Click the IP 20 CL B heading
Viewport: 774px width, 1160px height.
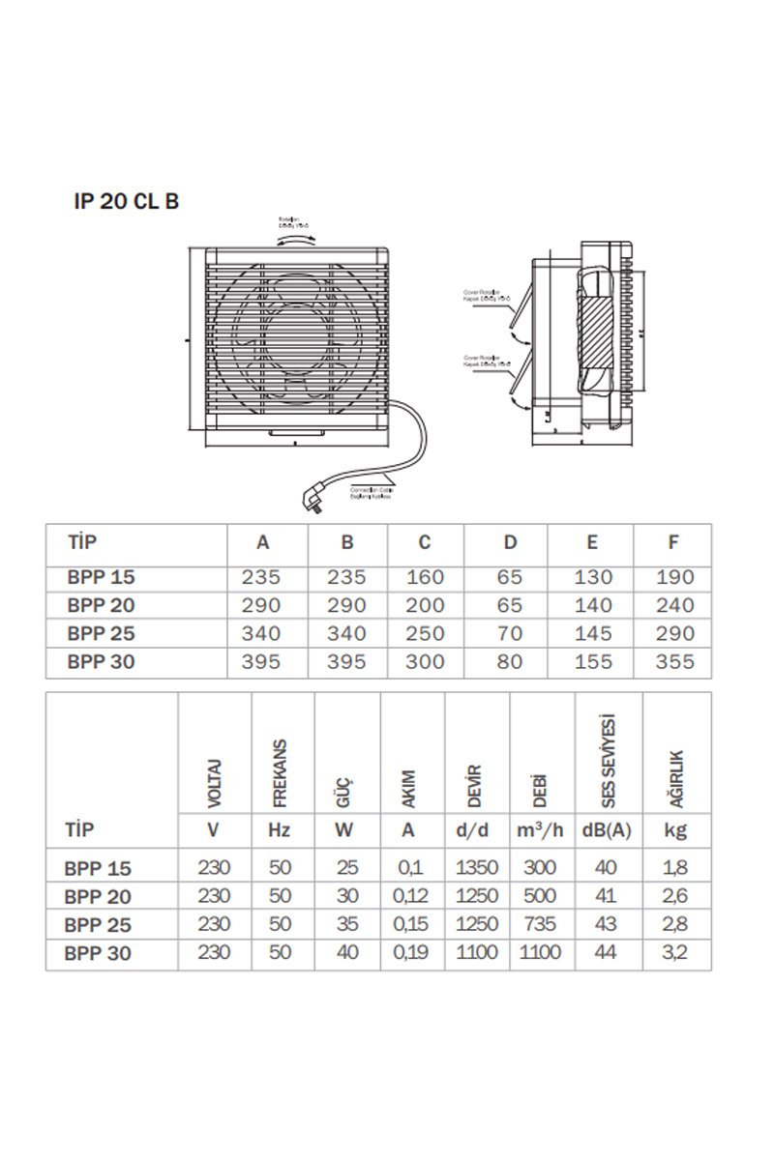[126, 201]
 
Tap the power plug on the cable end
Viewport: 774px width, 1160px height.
[314, 500]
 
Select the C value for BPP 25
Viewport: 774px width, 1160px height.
[425, 634]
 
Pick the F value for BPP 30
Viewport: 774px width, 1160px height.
[673, 662]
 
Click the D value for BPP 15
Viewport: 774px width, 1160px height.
[510, 577]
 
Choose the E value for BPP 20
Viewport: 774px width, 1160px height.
[592, 606]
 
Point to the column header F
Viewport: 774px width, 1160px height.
[673, 541]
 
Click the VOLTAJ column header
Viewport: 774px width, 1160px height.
[215, 783]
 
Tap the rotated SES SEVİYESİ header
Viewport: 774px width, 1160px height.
[607, 764]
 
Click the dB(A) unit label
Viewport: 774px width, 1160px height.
[607, 829]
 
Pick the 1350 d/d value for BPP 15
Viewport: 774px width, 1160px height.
[478, 868]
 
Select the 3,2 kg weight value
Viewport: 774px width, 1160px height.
[676, 952]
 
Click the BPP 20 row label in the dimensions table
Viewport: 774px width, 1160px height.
[101, 606]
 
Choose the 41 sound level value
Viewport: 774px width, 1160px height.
[607, 896]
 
